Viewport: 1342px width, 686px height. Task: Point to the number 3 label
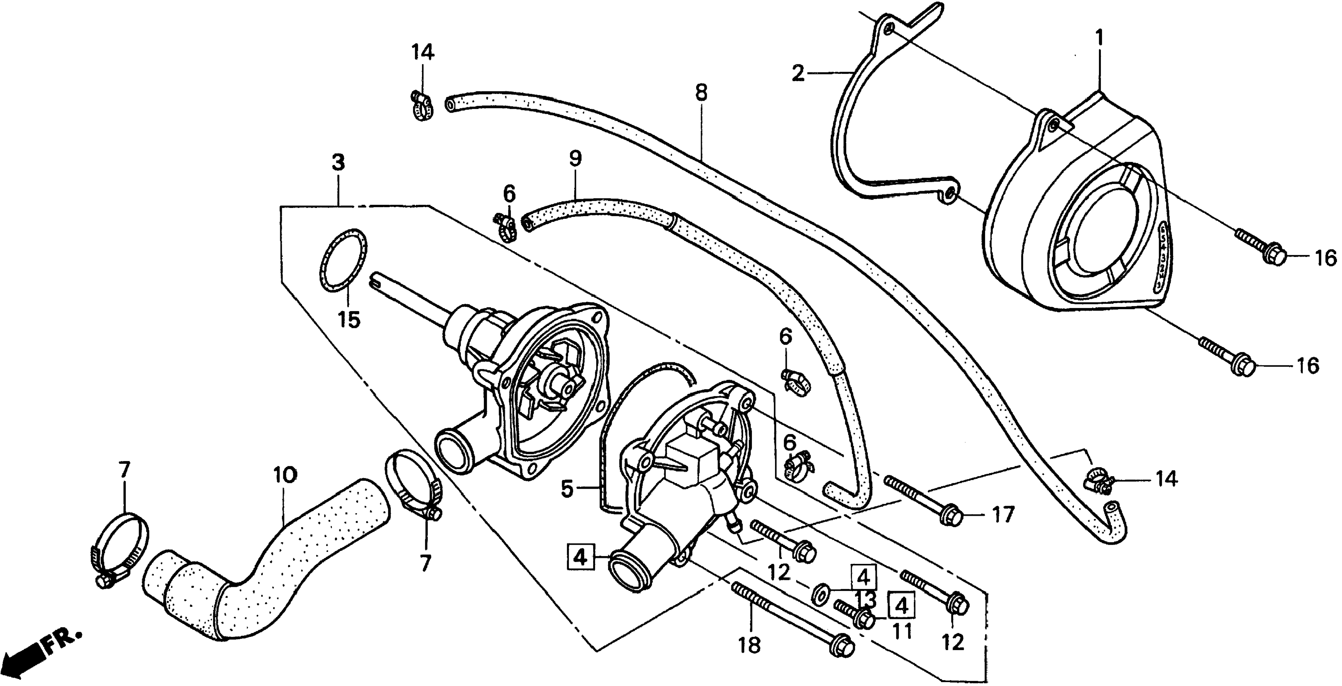pos(338,163)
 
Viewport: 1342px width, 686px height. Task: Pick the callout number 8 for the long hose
pos(701,93)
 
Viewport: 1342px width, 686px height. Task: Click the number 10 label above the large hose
pos(284,475)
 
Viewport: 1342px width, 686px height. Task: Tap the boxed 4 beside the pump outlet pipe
pos(580,558)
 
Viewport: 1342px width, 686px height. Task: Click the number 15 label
pos(349,319)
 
